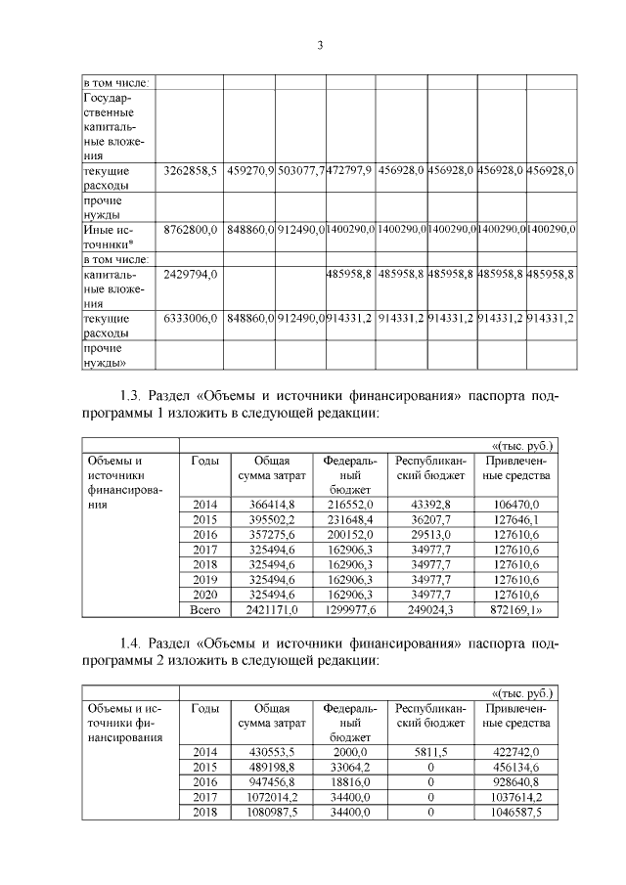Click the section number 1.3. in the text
(x=132, y=396)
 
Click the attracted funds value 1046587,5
(x=519, y=813)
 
